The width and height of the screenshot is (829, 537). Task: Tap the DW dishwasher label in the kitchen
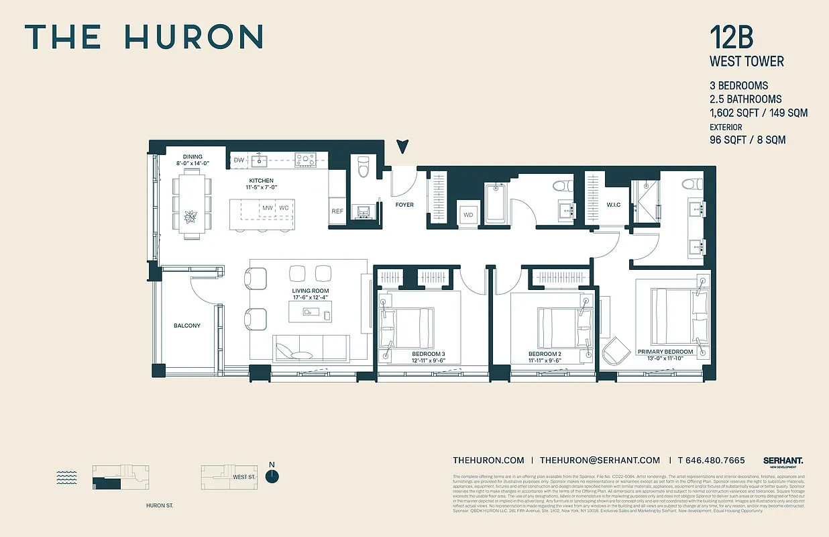[239, 160]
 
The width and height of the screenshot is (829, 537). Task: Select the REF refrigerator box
[337, 211]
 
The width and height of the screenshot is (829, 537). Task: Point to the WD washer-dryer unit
[468, 215]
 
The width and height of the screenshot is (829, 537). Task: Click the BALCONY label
[186, 326]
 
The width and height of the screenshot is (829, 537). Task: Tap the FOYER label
[404, 205]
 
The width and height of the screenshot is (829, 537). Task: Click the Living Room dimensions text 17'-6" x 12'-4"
[310, 298]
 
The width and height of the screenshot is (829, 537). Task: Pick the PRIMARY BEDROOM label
[665, 352]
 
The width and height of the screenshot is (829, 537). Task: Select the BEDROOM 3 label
[429, 354]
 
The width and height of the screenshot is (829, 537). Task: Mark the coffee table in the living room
[310, 311]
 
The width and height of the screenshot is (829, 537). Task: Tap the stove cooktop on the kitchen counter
[306, 160]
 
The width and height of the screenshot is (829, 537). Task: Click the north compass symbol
[272, 476]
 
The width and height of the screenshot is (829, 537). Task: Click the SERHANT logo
[783, 461]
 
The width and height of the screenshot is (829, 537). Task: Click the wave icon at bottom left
[67, 477]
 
